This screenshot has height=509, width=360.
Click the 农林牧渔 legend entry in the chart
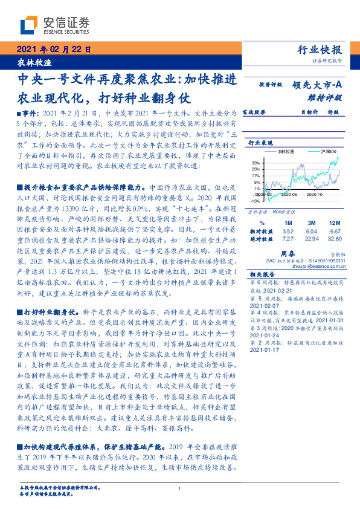tap(294, 151)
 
